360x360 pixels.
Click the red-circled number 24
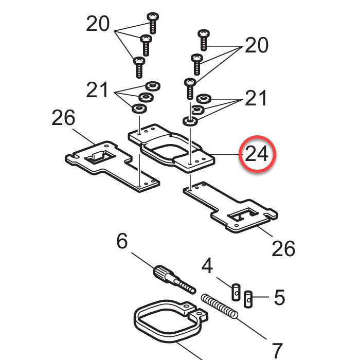click(257, 154)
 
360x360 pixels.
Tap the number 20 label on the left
click(98, 24)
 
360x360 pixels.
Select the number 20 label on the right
click(256, 45)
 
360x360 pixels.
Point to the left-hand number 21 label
click(97, 91)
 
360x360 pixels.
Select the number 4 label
click(207, 266)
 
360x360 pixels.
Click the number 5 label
click(279, 297)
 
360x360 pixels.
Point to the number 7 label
click(276, 351)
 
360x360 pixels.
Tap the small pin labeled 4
click(236, 292)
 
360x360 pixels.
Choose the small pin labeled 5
click(248, 297)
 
